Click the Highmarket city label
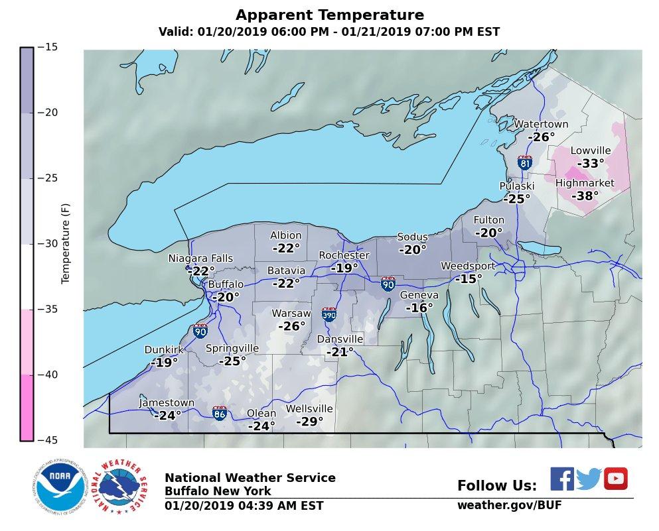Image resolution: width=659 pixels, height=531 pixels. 585,183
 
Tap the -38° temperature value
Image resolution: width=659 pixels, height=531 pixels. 585,196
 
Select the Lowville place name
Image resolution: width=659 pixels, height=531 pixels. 590,150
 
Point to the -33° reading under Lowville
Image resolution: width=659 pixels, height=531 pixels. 590,164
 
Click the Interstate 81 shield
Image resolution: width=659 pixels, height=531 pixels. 524,162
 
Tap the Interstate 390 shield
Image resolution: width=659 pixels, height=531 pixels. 329,314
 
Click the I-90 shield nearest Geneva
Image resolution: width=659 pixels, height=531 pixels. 389,284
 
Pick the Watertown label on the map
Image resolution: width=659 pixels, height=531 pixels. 541,124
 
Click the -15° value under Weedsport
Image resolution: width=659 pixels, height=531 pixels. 469,279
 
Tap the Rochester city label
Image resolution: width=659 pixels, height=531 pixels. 344,255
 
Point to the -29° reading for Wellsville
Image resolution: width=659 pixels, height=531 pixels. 309,422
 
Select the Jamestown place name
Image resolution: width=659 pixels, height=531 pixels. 167,403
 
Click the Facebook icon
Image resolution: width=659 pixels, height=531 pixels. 562,479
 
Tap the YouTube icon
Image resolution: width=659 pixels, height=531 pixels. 615,479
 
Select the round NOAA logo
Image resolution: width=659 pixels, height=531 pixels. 61,487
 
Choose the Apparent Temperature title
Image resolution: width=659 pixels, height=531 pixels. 329,15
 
